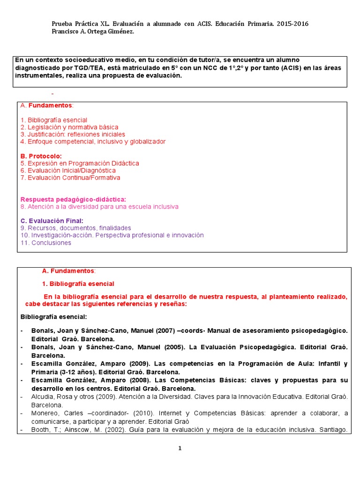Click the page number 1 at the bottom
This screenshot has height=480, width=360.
[180, 448]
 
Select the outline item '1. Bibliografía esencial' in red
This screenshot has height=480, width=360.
[54, 120]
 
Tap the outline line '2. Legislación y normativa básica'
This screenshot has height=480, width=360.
[69, 127]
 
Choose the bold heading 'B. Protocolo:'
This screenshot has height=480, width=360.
[41, 156]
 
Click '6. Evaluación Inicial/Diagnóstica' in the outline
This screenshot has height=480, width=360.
[68, 171]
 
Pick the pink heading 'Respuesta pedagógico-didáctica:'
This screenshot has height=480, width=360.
[73, 199]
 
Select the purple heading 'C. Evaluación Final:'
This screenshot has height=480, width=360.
[52, 221]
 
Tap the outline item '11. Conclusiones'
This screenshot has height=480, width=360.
[46, 243]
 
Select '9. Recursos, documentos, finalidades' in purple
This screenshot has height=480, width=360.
[75, 228]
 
